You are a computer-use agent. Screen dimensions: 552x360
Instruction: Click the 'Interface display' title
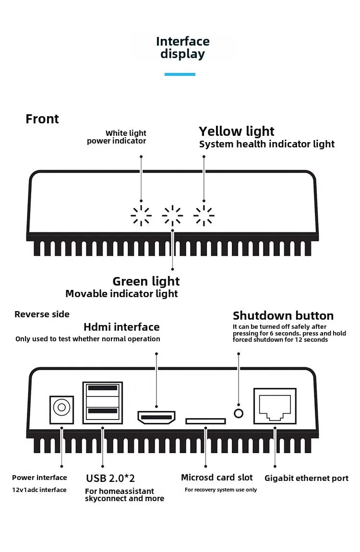182,48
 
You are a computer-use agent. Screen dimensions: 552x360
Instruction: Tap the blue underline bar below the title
180,74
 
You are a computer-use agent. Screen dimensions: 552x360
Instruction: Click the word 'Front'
42,119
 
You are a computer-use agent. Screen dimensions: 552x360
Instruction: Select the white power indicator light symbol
141,216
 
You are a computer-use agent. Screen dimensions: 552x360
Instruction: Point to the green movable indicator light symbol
172,216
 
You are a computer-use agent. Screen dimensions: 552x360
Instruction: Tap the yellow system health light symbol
204,216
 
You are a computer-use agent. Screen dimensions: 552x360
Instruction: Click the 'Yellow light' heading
237,131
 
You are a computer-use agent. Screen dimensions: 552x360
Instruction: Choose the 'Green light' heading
146,281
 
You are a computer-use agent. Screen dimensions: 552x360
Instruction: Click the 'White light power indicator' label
117,137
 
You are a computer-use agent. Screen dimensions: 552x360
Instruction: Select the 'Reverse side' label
42,314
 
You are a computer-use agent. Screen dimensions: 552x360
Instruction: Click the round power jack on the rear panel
61,408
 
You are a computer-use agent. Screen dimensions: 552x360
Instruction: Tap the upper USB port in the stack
103,388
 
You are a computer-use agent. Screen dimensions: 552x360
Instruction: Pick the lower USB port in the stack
103,411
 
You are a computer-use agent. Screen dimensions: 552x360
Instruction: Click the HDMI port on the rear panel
156,418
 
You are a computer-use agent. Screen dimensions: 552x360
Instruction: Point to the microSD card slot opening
205,421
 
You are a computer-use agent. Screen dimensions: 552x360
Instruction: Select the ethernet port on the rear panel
275,406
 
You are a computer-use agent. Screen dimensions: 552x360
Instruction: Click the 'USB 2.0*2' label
110,478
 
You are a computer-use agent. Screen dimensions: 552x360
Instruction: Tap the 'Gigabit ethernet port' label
306,478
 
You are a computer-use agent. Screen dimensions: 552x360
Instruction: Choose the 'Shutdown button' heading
283,316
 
